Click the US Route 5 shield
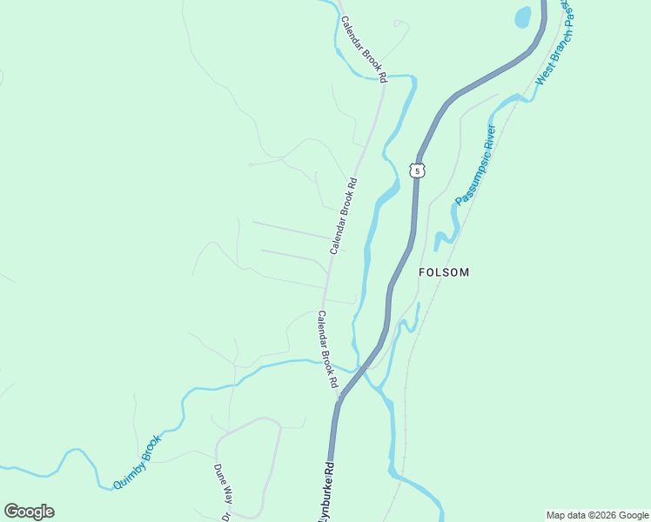click(x=418, y=171)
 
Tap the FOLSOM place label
click(x=444, y=272)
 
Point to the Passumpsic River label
click(x=475, y=164)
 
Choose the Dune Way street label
click(x=224, y=484)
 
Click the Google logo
click(x=29, y=512)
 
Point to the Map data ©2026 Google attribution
click(x=597, y=515)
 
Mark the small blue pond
click(x=522, y=17)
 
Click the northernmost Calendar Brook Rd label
click(x=364, y=50)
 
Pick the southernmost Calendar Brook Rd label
click(x=327, y=349)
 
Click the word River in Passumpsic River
click(x=489, y=137)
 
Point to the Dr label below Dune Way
click(x=225, y=516)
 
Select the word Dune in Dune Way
click(x=220, y=475)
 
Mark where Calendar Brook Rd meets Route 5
click(x=339, y=399)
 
